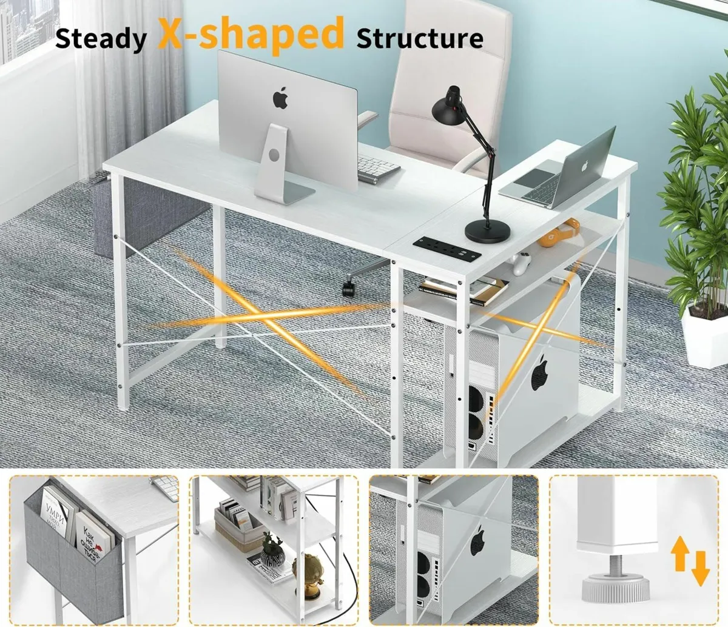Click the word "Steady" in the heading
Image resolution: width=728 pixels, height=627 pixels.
pos(101,38)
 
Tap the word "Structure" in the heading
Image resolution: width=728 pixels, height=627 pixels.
pos(420,38)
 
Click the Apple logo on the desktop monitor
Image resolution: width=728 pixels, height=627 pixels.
pos(280,97)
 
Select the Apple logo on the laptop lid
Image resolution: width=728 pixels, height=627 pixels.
pos(586,165)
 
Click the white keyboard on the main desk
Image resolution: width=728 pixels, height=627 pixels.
pos(379,169)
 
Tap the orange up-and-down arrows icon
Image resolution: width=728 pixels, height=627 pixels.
pos(690,562)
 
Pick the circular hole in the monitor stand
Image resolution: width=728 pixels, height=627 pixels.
pos(274,154)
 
